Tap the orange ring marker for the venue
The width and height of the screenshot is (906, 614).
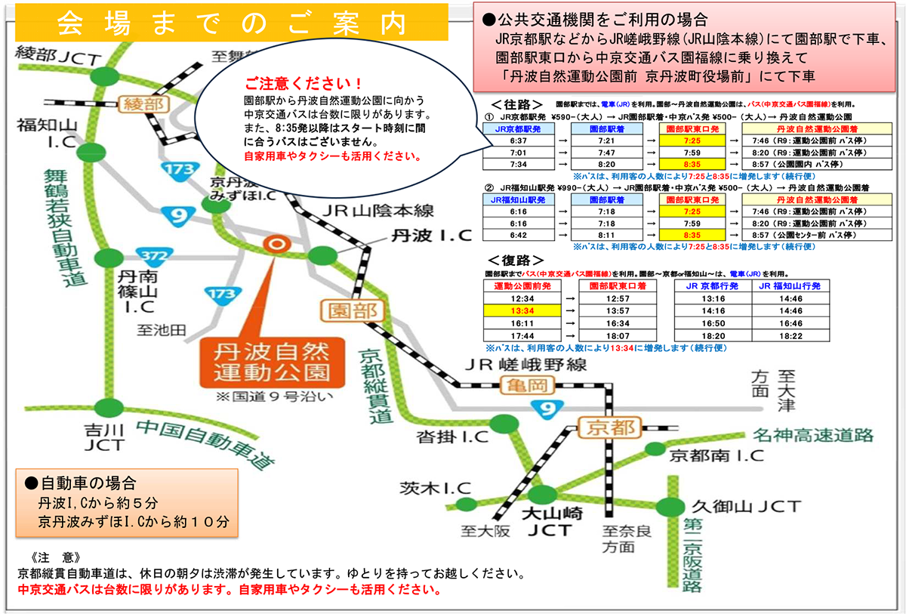click(276, 243)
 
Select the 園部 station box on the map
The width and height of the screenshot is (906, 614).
click(345, 310)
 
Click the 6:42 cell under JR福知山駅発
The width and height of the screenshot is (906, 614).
click(513, 236)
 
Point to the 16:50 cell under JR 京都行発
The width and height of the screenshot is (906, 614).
click(713, 323)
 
